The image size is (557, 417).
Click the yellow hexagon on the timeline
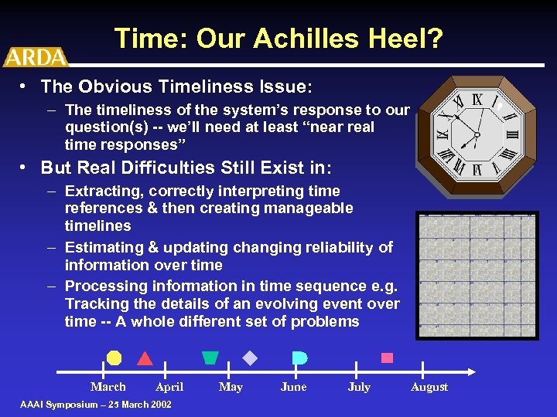tap(114, 358)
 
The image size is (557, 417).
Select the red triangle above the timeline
tap(145, 358)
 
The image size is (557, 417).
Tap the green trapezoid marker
tap(210, 358)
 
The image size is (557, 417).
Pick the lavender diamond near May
tap(250, 358)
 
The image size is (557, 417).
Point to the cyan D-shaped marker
tap(299, 358)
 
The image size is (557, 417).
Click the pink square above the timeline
tap(387, 358)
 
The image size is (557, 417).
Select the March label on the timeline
tap(108, 387)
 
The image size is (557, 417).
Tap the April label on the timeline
tap(169, 387)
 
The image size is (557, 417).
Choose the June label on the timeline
tap(293, 387)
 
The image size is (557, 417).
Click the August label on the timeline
tap(429, 387)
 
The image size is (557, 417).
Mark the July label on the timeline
tap(359, 387)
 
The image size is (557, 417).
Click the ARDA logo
tap(35, 56)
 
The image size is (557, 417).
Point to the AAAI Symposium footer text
tap(96, 405)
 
